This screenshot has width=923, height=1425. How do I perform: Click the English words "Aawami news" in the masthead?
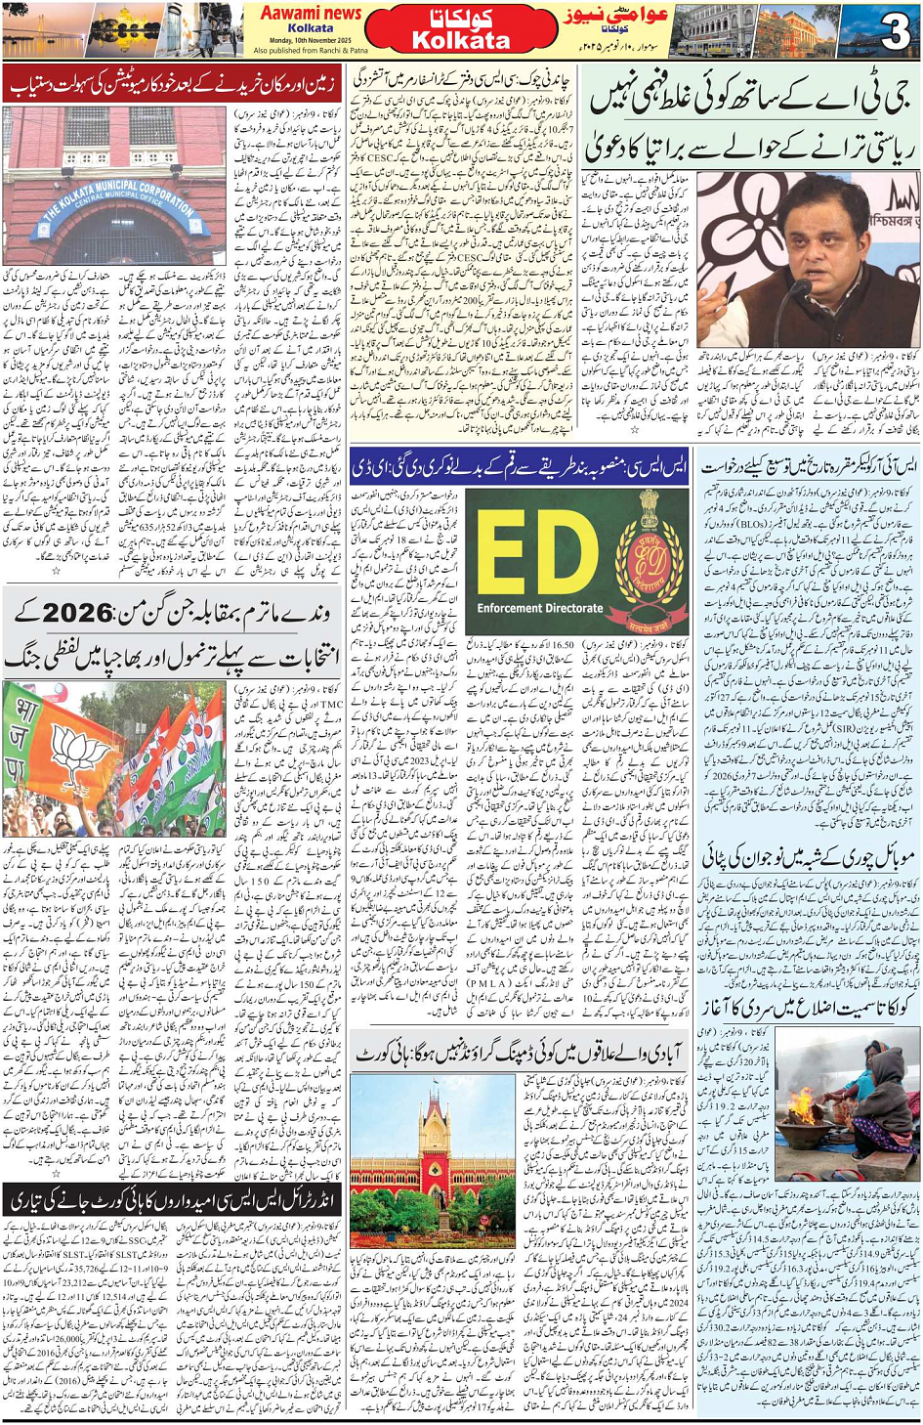(310, 13)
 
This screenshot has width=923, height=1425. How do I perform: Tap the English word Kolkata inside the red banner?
(460, 41)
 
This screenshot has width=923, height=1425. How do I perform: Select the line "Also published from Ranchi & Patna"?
(310, 50)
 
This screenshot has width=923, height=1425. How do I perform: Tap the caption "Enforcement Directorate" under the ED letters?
(540, 608)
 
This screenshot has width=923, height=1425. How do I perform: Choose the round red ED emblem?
(648, 560)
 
